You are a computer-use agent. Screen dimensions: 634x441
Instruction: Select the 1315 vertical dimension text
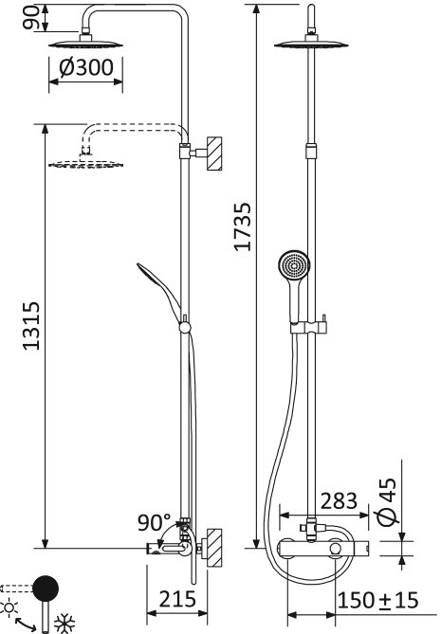tap(29, 326)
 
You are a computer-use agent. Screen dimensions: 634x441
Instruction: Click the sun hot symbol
tap(10, 607)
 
